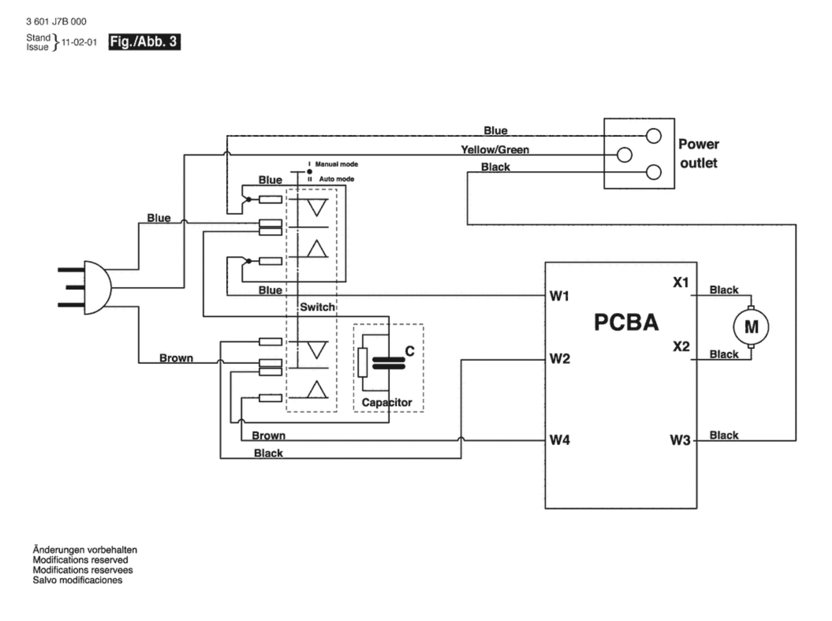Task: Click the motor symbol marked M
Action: coord(751,327)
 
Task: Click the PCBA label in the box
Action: coord(626,322)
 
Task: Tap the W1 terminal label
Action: coord(559,296)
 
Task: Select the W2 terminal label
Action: coord(559,358)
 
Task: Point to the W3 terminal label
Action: coord(680,440)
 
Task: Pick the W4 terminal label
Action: coord(559,440)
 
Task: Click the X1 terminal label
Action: coord(681,282)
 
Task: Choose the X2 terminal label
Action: coord(681,346)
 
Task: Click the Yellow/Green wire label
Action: coord(495,150)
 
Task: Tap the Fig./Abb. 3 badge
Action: coord(144,42)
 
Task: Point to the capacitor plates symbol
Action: coord(389,363)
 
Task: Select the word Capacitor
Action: coord(386,402)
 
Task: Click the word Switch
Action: coord(317,307)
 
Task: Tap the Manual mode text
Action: coord(336,164)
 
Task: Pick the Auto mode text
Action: coord(336,179)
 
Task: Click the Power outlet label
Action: coord(698,153)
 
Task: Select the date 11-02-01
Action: coord(79,42)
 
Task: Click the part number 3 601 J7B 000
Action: coord(56,22)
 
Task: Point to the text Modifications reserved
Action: coord(80,560)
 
